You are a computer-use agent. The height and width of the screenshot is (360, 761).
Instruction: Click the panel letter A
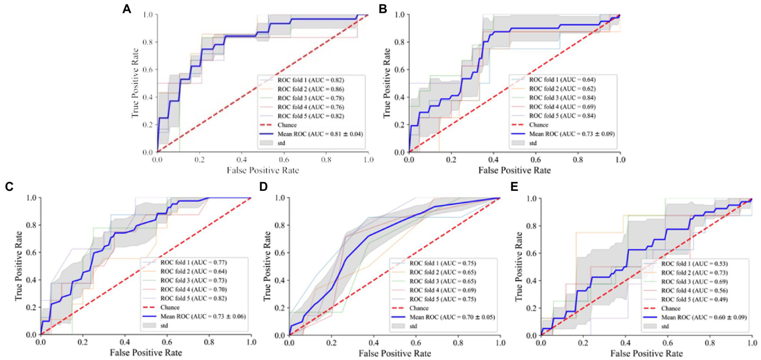pos(127,9)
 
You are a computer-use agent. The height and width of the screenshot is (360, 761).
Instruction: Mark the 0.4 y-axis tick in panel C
pos(31,280)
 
